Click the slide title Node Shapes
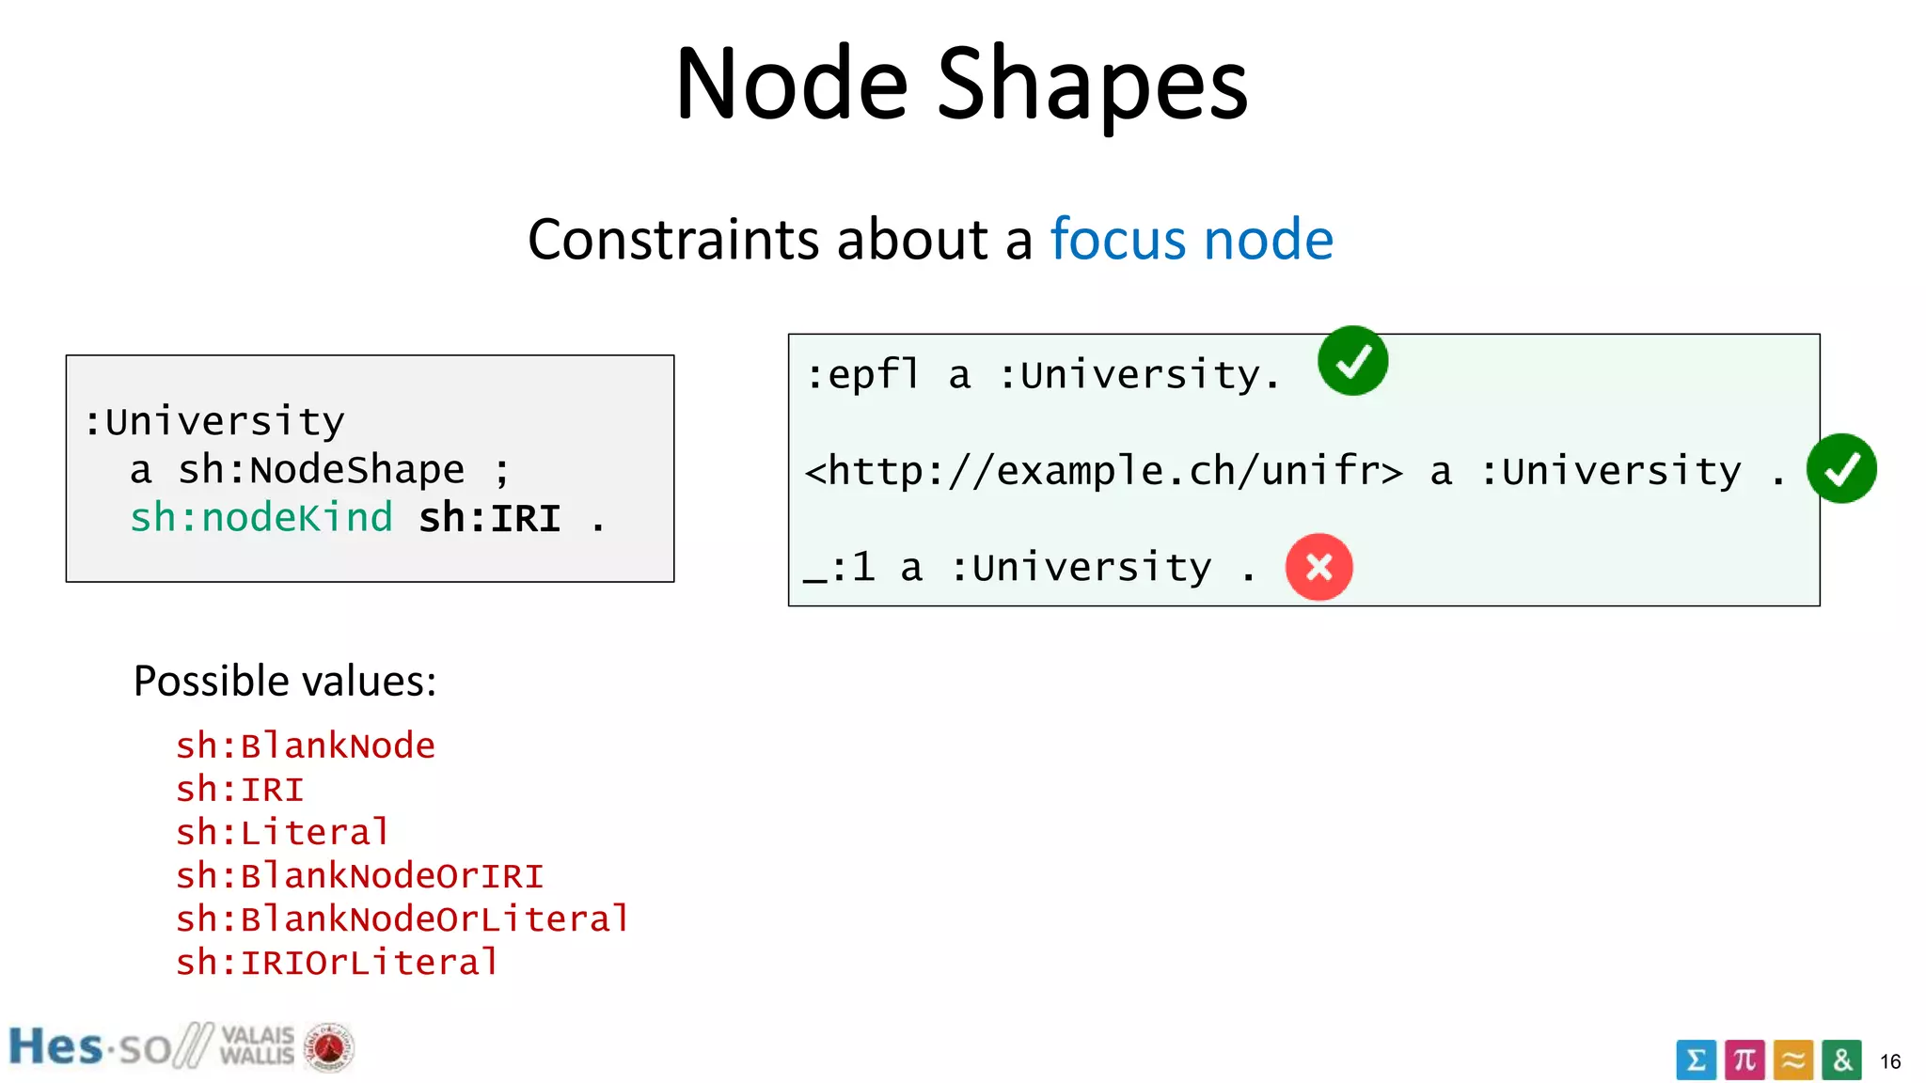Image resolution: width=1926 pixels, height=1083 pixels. pyautogui.click(x=961, y=85)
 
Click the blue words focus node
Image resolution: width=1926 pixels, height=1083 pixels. pyautogui.click(x=1191, y=239)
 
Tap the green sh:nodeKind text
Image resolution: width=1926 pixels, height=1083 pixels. pyautogui.click(x=260, y=518)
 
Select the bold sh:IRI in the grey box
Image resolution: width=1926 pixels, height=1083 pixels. pyautogui.click(x=489, y=518)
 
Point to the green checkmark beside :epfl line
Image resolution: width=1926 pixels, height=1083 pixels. pyautogui.click(x=1352, y=361)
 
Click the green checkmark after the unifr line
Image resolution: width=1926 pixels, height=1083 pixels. pyautogui.click(x=1840, y=468)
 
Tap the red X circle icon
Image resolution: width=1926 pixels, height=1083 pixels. pyautogui.click(x=1318, y=567)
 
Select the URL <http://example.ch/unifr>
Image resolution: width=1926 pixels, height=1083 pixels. pyautogui.click(x=1103, y=471)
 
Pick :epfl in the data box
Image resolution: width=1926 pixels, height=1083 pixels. pyautogui.click(x=862, y=375)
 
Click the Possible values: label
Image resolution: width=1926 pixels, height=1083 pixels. pyautogui.click(x=285, y=681)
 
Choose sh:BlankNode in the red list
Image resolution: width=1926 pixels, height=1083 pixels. pyautogui.click(x=306, y=746)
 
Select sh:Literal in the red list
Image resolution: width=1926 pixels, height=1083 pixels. pyautogui.click(x=282, y=832)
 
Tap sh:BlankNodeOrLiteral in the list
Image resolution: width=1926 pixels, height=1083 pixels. pyautogui.click(x=403, y=918)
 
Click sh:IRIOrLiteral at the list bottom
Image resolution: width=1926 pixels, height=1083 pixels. pyautogui.click(x=337, y=962)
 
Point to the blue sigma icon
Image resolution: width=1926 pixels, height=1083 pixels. pyautogui.click(x=1696, y=1060)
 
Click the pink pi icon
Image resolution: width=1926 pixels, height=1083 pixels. pyautogui.click(x=1744, y=1060)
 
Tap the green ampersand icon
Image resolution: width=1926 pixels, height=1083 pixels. pyautogui.click(x=1841, y=1060)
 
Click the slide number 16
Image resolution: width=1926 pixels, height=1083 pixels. pyautogui.click(x=1889, y=1061)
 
